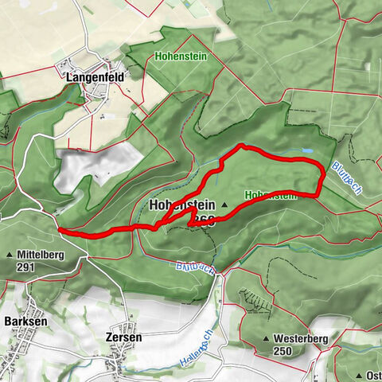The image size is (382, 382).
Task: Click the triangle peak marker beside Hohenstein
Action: click(x=225, y=205)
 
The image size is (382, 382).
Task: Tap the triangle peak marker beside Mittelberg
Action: click(x=10, y=255)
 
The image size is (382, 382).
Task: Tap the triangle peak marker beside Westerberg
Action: click(x=266, y=339)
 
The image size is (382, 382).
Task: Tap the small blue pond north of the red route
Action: click(x=306, y=150)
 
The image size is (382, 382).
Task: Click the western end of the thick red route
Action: click(x=60, y=231)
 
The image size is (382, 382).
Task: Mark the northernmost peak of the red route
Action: click(x=243, y=146)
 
